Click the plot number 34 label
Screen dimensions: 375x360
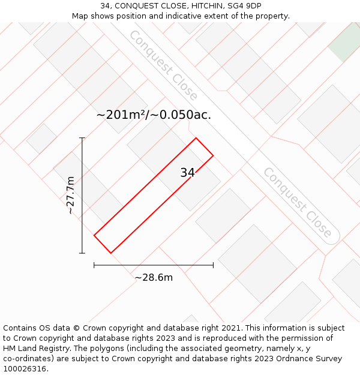tap(187, 173)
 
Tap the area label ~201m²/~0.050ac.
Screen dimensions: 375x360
tap(154, 115)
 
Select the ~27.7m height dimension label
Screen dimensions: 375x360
tap(71, 195)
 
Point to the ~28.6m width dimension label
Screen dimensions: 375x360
tap(154, 278)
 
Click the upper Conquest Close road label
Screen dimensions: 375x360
tap(163, 65)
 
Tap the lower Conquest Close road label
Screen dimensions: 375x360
tap(297, 202)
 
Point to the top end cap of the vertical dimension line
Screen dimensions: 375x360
tap(82, 138)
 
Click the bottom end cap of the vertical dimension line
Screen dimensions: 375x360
tap(82, 253)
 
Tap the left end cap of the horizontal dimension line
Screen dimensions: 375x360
tap(94, 265)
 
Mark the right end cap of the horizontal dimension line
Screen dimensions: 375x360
tap(213, 265)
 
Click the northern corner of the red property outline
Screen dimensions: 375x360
tap(196, 138)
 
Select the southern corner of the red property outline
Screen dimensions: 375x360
tap(111, 253)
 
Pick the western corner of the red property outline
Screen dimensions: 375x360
tap(94, 235)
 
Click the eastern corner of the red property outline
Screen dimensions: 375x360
tap(213, 155)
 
